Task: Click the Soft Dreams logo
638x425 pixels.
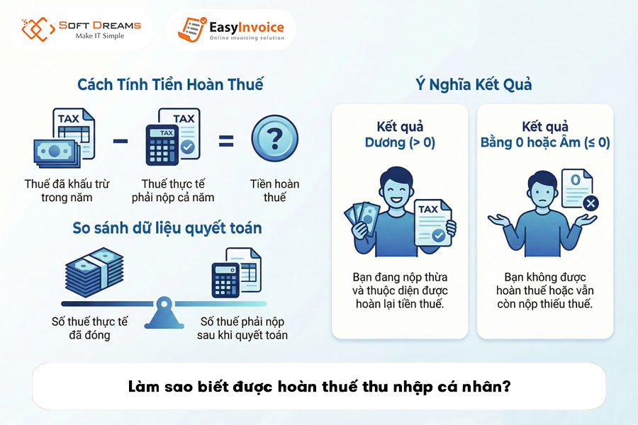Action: (81, 29)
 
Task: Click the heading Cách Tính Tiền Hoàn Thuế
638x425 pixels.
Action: (170, 84)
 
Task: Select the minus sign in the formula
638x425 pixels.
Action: (121, 141)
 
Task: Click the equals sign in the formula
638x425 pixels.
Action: (225, 141)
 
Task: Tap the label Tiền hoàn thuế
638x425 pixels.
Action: (274, 191)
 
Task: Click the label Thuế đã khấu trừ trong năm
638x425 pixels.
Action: (67, 191)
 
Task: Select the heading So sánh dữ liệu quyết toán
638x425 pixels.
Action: (167, 228)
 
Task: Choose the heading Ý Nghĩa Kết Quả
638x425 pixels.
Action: (474, 84)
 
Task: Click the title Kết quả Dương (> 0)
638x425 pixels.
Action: (400, 135)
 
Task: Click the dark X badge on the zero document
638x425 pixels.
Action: (589, 204)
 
